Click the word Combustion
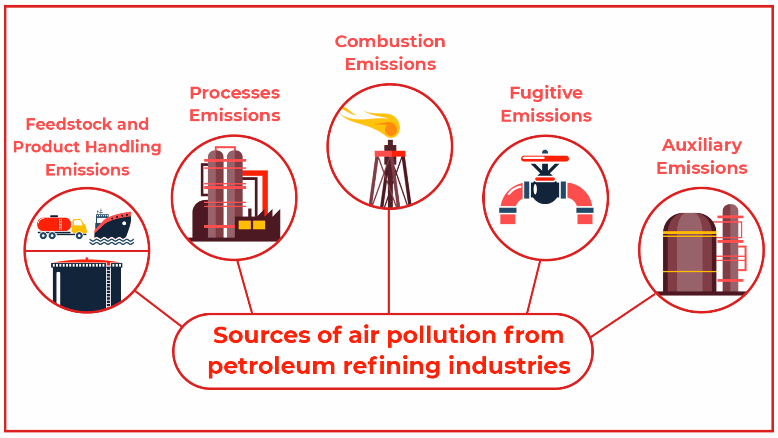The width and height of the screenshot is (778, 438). click(390, 42)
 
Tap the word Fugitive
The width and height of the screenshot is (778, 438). click(546, 93)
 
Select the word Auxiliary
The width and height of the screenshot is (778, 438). click(702, 145)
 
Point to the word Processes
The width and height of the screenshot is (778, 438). click(235, 93)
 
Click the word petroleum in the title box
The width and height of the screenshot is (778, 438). click(271, 366)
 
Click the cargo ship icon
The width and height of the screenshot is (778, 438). click(113, 226)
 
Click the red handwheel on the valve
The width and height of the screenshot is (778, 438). click(545, 158)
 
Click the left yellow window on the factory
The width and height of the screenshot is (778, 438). click(244, 225)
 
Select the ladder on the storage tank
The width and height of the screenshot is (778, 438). click(108, 287)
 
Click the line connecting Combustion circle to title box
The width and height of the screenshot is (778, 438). click(389, 261)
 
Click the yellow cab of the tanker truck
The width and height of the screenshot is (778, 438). click(79, 226)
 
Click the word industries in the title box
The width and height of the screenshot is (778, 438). click(509, 366)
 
